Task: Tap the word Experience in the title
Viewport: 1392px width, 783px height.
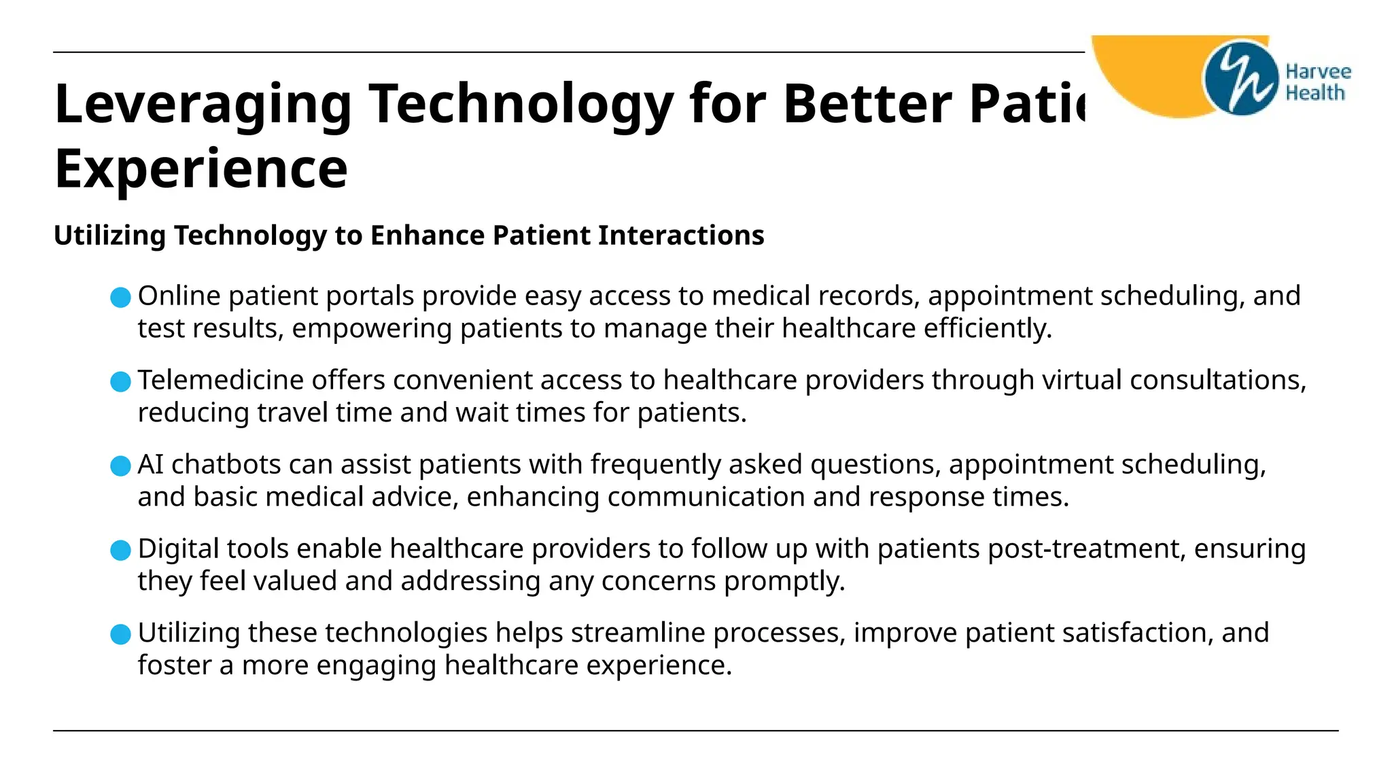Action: (x=201, y=169)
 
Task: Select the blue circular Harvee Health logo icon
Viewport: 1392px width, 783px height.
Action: (x=1240, y=78)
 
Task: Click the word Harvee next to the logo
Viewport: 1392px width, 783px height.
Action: (x=1318, y=72)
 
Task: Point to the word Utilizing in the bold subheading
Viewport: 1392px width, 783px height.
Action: (x=109, y=236)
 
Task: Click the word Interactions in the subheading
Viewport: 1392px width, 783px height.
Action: (x=681, y=236)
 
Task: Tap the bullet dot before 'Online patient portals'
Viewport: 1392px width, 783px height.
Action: (x=120, y=298)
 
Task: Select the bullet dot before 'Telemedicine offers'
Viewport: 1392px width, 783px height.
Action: (x=120, y=382)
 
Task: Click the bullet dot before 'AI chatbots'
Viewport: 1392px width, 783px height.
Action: (x=120, y=466)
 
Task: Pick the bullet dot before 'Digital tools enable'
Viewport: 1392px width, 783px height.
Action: (x=120, y=551)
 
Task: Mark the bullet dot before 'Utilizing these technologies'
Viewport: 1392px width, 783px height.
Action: (x=120, y=635)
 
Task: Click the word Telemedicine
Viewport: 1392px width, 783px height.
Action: (x=220, y=380)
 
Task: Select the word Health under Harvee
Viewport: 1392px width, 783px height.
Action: (x=1315, y=93)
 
